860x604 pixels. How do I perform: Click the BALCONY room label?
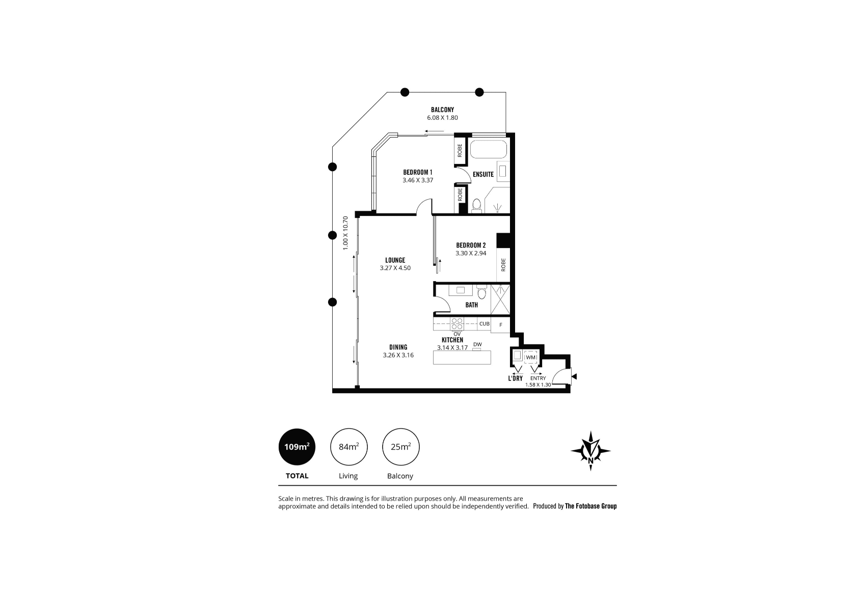point(442,109)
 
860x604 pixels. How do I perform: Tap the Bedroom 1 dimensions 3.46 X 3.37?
point(418,180)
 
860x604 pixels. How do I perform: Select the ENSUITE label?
point(483,174)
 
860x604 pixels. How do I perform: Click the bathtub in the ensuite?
point(489,149)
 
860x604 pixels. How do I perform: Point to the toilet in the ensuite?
point(477,206)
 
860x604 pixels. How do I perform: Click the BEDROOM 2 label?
point(471,245)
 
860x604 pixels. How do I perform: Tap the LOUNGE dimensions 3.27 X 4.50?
point(395,268)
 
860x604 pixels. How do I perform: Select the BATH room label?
point(471,305)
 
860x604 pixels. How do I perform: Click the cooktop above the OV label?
point(457,323)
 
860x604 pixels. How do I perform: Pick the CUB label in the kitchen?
point(484,324)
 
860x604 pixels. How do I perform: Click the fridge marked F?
point(501,325)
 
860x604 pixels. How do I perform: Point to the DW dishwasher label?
point(477,344)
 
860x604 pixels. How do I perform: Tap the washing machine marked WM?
point(530,358)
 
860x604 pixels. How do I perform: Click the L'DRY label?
point(515,378)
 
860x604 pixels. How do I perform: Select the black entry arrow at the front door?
point(574,377)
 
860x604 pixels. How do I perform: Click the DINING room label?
point(398,347)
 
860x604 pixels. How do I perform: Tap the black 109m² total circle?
point(297,447)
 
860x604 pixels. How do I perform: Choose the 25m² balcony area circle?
point(401,447)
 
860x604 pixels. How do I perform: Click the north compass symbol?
point(590,451)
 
